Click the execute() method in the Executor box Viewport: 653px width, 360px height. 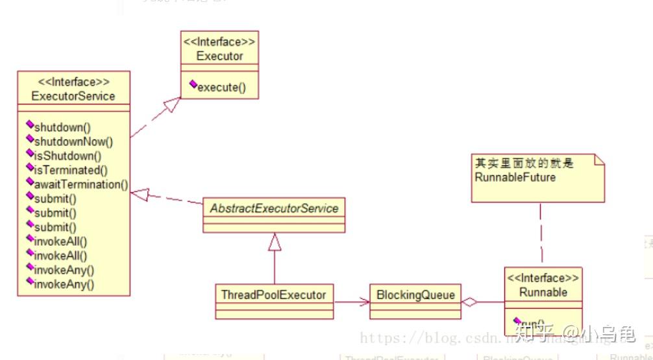click(x=221, y=87)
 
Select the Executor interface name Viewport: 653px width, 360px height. click(x=219, y=56)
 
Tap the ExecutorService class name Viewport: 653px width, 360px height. click(x=73, y=96)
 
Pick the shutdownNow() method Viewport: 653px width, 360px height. click(x=73, y=141)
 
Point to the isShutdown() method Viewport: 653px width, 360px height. click(x=68, y=156)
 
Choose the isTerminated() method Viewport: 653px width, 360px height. click(x=71, y=170)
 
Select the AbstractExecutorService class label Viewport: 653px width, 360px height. click(x=275, y=208)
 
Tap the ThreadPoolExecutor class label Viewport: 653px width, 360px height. click(x=273, y=294)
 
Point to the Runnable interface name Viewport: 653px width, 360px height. click(x=543, y=292)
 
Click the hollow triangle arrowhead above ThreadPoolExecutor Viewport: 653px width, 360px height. click(x=275, y=242)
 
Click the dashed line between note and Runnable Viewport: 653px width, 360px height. click(x=541, y=234)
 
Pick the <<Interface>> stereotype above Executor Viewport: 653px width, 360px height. click(x=219, y=42)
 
